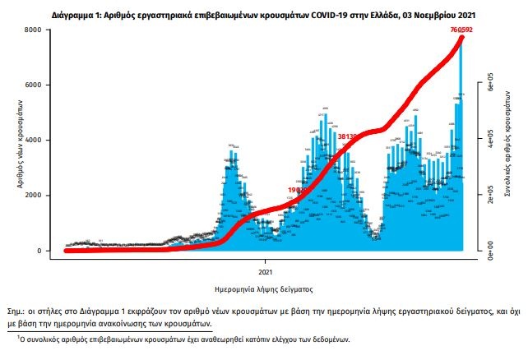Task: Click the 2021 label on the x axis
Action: click(x=265, y=270)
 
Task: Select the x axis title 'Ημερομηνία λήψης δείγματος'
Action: click(x=263, y=288)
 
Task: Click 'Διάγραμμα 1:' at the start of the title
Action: click(x=80, y=15)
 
